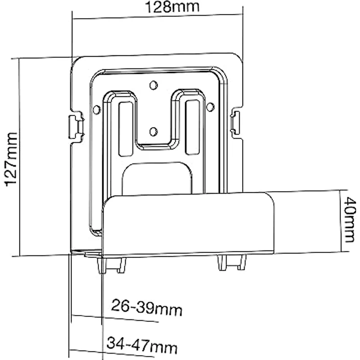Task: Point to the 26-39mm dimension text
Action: coord(146,309)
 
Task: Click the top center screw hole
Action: coord(153,86)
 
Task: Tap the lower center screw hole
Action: coord(153,131)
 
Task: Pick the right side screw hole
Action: coord(210,106)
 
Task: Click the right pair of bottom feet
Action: coord(231,262)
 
